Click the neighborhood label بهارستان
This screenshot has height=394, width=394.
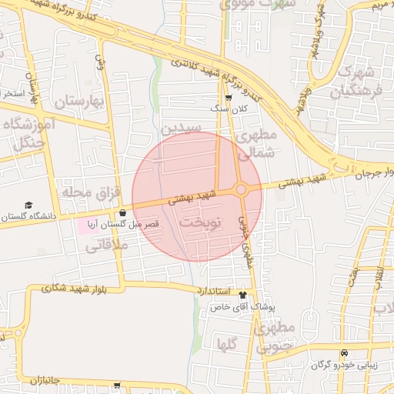click(79, 101)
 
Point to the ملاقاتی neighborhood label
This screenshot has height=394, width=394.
click(105, 245)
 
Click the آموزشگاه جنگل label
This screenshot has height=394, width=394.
click(29, 132)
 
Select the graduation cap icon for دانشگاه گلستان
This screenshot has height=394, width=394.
click(28, 205)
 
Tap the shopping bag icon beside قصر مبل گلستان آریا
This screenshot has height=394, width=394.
click(123, 212)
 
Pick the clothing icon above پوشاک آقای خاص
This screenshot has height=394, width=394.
click(244, 295)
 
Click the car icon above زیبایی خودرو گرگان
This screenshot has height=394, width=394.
click(344, 353)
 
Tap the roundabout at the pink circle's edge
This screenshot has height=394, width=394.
click(241, 189)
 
